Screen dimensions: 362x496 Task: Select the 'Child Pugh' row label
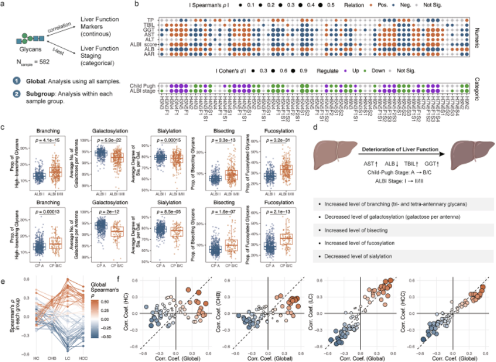pyautogui.click(x=141, y=87)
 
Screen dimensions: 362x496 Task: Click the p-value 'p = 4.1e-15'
pyautogui.click(x=40, y=141)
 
